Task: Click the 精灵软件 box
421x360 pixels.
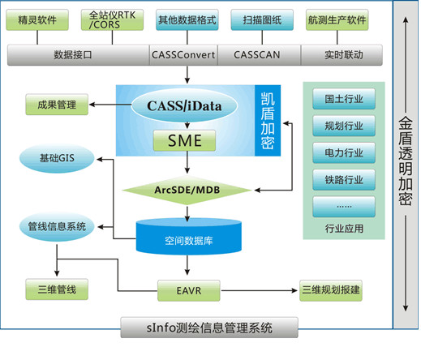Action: pos(37,19)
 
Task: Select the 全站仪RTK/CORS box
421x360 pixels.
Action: pos(112,19)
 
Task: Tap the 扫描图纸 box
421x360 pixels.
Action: pos(262,19)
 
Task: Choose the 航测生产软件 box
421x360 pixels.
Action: pos(337,19)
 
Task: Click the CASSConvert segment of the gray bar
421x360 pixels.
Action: pos(183,55)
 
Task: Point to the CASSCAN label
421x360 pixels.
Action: pos(257,55)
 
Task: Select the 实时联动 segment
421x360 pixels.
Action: pos(342,55)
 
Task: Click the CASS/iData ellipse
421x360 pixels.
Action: pos(184,105)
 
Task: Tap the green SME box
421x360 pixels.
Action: pos(184,140)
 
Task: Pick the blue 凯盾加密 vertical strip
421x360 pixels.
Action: pos(268,121)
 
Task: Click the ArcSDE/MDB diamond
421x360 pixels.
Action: pos(187,191)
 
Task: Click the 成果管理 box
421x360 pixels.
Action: pos(57,105)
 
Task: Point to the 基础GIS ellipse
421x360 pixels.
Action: pos(57,158)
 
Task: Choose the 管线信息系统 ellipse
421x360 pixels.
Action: pos(57,226)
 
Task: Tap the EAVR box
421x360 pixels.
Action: pos(189,291)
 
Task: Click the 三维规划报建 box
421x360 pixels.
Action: pos(331,290)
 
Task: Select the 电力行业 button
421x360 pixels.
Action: pos(344,153)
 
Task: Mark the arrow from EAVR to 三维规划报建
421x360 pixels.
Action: pos(260,290)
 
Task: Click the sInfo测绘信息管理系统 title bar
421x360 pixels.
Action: pos(209,328)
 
